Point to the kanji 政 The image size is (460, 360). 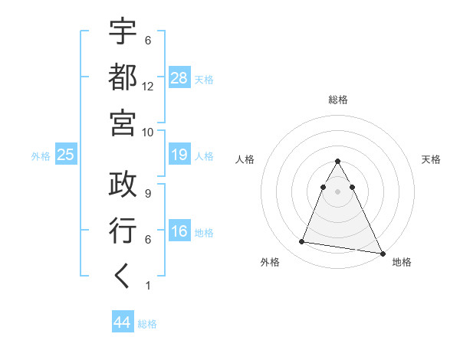tap(123, 185)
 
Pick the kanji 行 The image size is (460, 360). tap(123, 230)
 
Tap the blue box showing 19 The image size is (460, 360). tap(179, 155)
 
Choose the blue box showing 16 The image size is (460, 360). tap(179, 232)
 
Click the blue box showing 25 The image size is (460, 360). tap(66, 155)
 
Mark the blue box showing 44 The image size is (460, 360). tap(123, 322)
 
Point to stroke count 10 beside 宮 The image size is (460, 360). tap(148, 131)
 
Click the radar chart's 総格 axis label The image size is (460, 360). tap(338, 100)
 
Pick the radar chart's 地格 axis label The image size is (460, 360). tap(402, 262)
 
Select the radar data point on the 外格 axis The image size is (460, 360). tap(302, 242)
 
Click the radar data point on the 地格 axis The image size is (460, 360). tap(382, 252)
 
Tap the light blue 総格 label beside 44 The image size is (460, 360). tap(147, 324)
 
